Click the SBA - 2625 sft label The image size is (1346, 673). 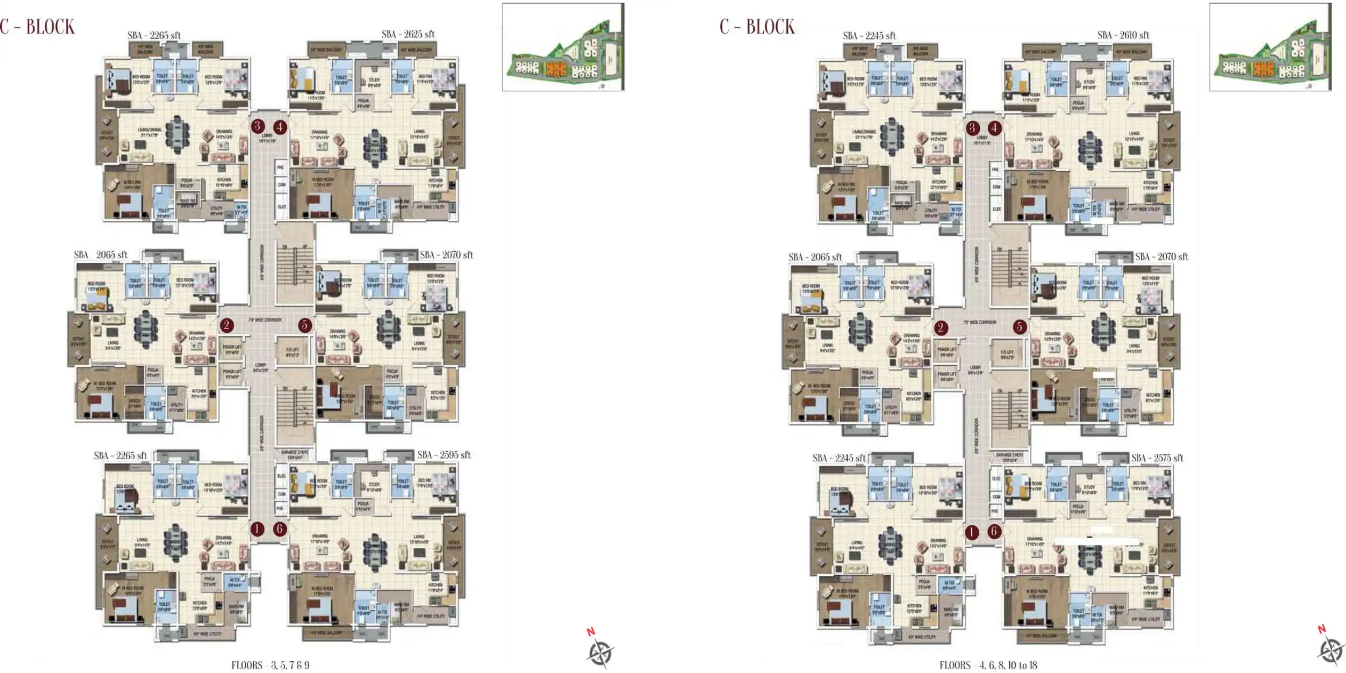point(408,34)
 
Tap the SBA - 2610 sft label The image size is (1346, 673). point(1123,35)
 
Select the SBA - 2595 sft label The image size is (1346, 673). point(444,455)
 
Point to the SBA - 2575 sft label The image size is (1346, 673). point(1157,458)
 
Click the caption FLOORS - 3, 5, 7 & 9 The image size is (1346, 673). point(270,665)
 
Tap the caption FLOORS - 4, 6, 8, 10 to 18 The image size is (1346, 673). point(988,665)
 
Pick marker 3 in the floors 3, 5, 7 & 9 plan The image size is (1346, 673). point(257,126)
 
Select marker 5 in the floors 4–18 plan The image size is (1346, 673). point(1019,327)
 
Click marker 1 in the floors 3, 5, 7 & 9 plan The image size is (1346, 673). point(257,529)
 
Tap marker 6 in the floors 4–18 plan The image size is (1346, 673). point(994,531)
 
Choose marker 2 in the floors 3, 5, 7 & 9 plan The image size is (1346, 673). point(227,325)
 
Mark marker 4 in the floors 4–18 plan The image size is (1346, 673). point(994,128)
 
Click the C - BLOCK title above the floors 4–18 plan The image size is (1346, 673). point(757,27)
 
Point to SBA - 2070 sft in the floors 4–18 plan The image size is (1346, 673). point(1161,257)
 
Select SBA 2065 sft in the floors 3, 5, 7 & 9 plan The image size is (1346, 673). point(100,255)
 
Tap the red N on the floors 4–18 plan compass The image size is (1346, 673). point(1321,629)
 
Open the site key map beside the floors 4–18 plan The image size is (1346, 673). point(1270,47)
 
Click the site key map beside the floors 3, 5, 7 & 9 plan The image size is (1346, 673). point(563,47)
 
